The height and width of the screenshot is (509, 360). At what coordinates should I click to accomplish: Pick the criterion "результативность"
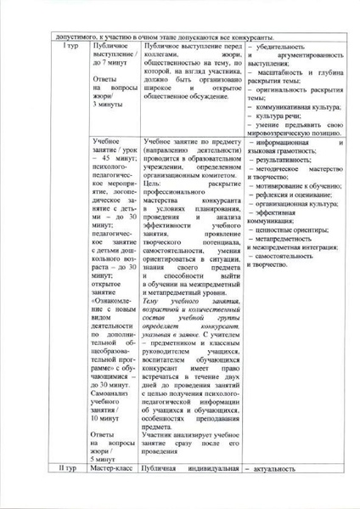coord(280,160)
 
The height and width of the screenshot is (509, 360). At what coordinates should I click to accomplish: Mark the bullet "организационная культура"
coord(294,204)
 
